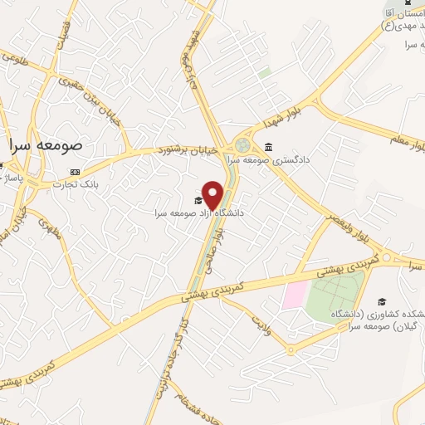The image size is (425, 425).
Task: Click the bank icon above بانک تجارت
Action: [76, 173]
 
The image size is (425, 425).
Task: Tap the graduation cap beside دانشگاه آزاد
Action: [198, 200]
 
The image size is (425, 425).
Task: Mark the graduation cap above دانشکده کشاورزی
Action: [381, 301]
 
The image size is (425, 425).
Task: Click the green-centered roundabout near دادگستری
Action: [242, 145]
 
